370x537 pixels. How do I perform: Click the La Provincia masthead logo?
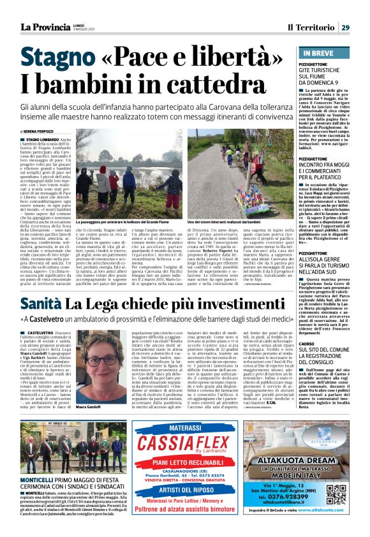click(x=43, y=26)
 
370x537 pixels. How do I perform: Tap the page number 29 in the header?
click(x=344, y=27)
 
